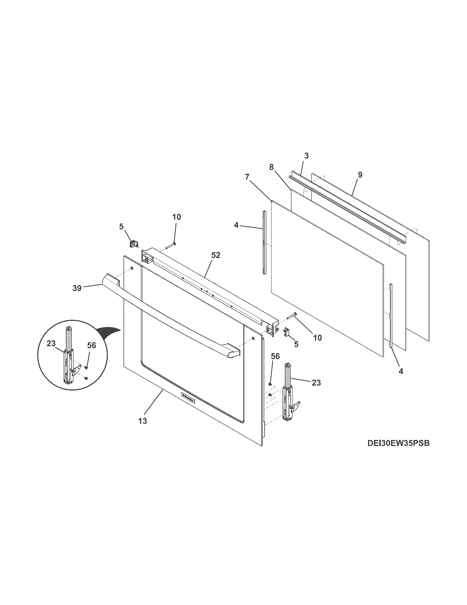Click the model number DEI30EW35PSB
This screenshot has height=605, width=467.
coord(398,451)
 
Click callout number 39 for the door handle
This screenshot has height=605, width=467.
coord(77,288)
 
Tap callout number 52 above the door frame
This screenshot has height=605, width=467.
coord(216,255)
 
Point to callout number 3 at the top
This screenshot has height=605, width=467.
coord(306,156)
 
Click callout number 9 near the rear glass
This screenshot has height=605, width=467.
coord(360,175)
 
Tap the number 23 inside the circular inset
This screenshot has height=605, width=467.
coord(51,343)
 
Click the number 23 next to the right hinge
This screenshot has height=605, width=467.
coord(316,383)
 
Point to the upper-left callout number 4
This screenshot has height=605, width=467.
coord(236,225)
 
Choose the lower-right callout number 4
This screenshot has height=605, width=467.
coord(401,372)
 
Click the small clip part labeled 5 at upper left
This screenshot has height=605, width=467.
coord(133,244)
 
